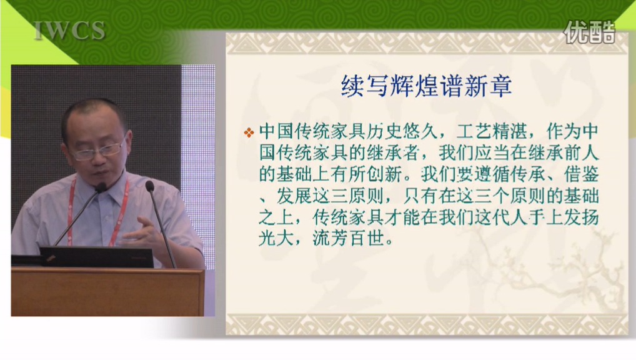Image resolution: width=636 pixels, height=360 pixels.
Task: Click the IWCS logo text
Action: [x=69, y=31]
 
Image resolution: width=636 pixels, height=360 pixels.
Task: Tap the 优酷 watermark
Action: [x=590, y=32]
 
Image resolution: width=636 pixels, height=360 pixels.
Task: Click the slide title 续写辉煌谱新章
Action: [x=426, y=86]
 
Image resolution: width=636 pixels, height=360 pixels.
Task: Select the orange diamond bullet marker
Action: [x=249, y=132]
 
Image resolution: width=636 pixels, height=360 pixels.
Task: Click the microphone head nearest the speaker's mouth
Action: [x=101, y=187]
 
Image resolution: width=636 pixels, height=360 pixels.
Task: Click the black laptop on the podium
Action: [x=97, y=257]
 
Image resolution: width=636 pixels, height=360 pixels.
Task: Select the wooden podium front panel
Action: [x=107, y=292]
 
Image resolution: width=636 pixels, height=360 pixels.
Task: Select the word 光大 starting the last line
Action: [x=276, y=238]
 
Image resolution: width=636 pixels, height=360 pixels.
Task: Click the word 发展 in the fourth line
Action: [x=294, y=196]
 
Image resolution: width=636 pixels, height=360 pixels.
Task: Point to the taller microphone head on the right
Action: [x=150, y=186]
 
